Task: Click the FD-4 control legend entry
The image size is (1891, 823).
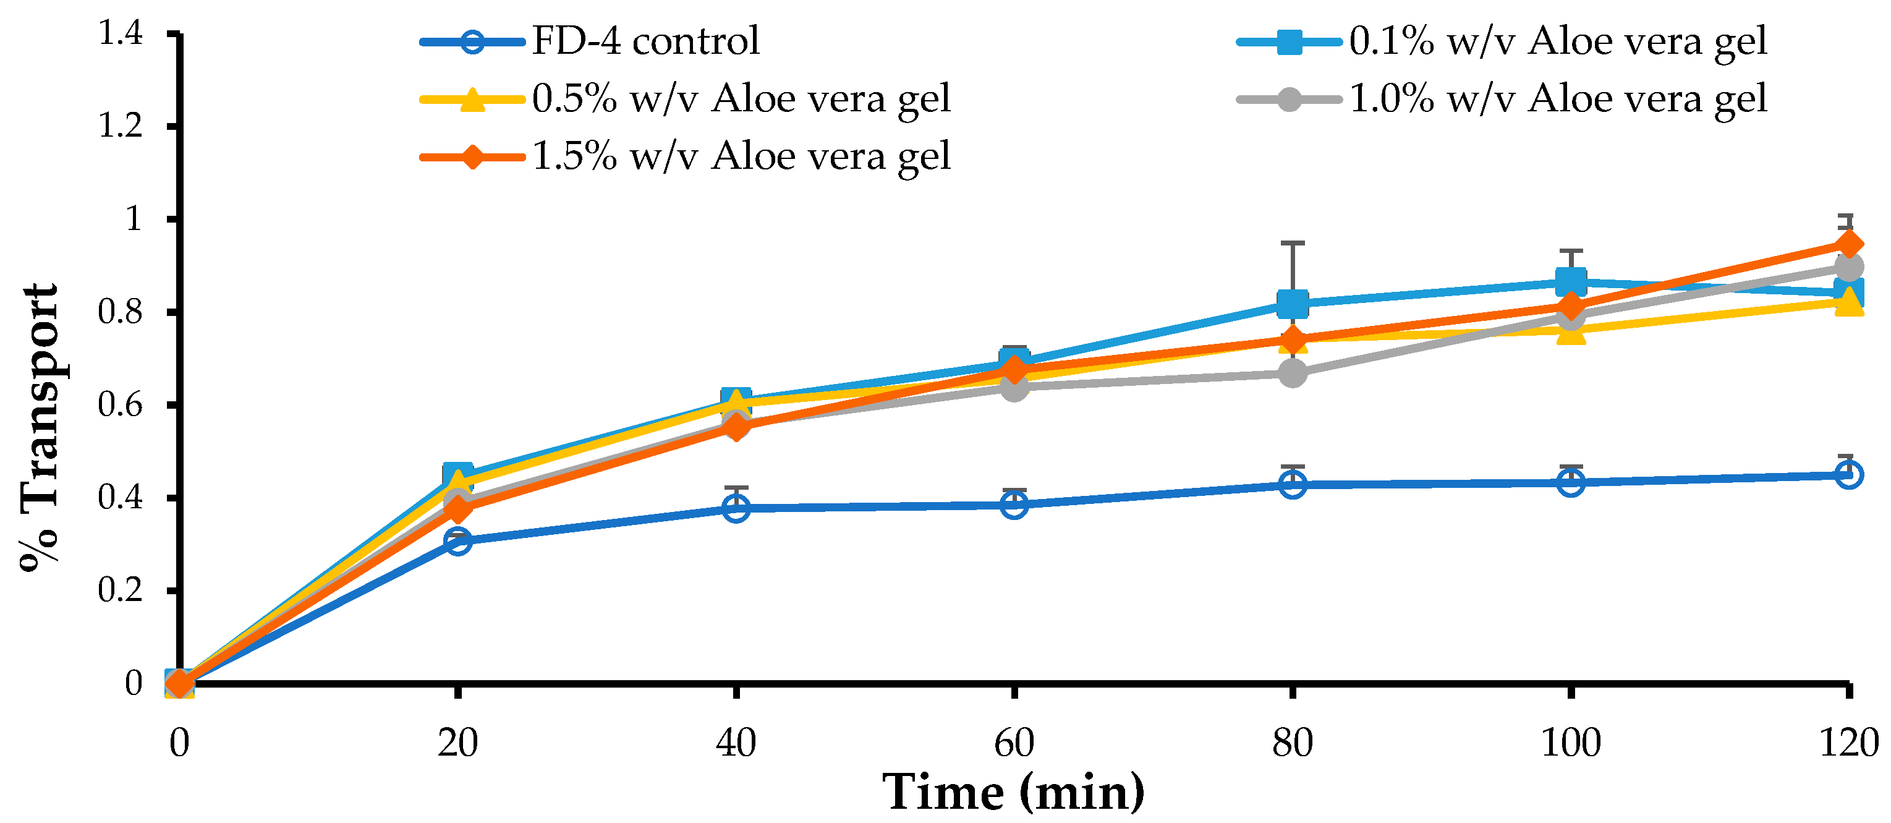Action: coord(645,41)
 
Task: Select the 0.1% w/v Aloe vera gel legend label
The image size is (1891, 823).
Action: coord(1558,41)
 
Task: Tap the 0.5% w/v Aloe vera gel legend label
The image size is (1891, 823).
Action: coord(741,98)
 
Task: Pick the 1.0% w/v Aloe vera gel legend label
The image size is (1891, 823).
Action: coord(1558,98)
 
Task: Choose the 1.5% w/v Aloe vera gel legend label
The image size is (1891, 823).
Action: coord(741,156)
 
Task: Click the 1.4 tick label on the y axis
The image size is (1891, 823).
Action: coord(121,34)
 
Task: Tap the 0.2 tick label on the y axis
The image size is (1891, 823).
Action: coord(121,591)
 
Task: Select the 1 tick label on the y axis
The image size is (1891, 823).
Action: coord(134,219)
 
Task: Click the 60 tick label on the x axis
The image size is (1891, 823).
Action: coord(1014,743)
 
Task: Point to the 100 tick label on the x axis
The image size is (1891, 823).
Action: coord(1570,743)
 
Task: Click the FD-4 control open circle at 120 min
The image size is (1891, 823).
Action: coord(1848,475)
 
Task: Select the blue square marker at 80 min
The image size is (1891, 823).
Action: coord(1292,303)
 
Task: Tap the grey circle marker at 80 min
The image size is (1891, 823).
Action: coord(1292,373)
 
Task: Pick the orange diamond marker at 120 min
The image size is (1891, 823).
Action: coord(1848,244)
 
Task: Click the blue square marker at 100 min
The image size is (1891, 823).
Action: coord(1570,281)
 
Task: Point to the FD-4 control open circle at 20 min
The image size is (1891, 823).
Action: coord(457,542)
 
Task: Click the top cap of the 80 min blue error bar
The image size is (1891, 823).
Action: coord(1292,242)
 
